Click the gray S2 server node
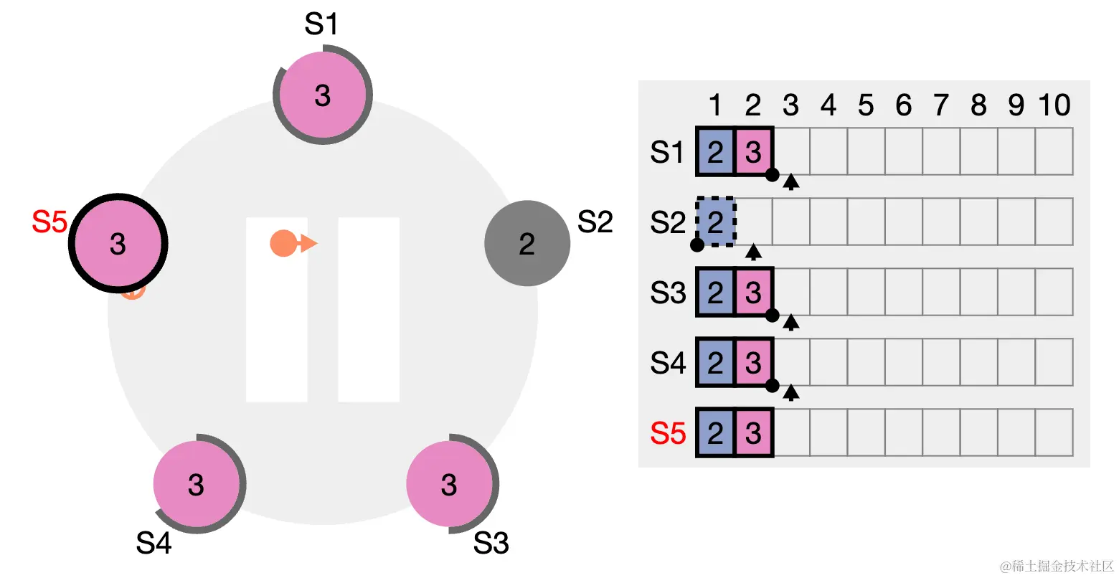pyautogui.click(x=527, y=244)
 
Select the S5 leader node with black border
pyautogui.click(x=118, y=243)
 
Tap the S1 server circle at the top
pyautogui.click(x=323, y=95)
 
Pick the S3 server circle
pyautogui.click(x=449, y=484)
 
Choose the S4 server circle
pyautogui.click(x=197, y=484)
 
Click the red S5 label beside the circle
pyautogui.click(x=49, y=222)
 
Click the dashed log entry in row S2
pyautogui.click(x=715, y=222)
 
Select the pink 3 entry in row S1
pyautogui.click(x=753, y=152)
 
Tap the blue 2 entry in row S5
pyautogui.click(x=715, y=433)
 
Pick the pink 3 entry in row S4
pyautogui.click(x=753, y=363)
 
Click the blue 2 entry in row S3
pyautogui.click(x=715, y=293)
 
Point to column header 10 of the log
pyautogui.click(x=1054, y=106)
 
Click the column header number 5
pyautogui.click(x=866, y=106)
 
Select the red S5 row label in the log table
pyautogui.click(x=668, y=433)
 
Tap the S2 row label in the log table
pyautogui.click(x=668, y=222)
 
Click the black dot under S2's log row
pyautogui.click(x=697, y=245)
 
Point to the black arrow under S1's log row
pyautogui.click(x=790, y=181)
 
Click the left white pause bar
pyautogui.click(x=277, y=309)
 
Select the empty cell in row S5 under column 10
pyautogui.click(x=1054, y=433)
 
